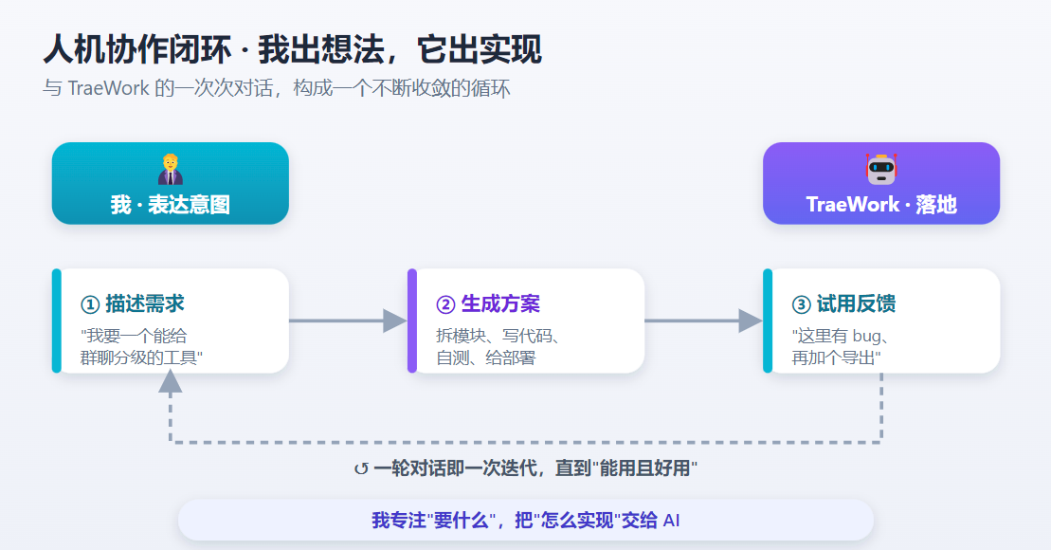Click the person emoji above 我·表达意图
pyautogui.click(x=171, y=169)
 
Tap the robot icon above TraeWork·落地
pyautogui.click(x=880, y=169)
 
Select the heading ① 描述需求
pyautogui.click(x=132, y=303)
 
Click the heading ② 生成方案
pyautogui.click(x=488, y=303)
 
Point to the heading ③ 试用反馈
pyautogui.click(x=843, y=303)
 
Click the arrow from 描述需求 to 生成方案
pyautogui.click(x=348, y=321)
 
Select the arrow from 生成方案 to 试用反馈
pyautogui.click(x=704, y=321)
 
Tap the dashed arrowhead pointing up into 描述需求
pyautogui.click(x=171, y=381)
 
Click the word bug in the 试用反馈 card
pyautogui.click(x=866, y=337)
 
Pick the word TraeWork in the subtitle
pyautogui.click(x=109, y=88)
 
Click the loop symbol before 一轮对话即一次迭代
pyautogui.click(x=361, y=468)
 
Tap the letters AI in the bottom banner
pyautogui.click(x=672, y=521)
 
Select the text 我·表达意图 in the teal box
pyautogui.click(x=171, y=205)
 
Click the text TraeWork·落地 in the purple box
pyautogui.click(x=881, y=205)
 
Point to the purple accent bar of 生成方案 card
pyautogui.click(x=412, y=321)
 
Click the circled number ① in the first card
pyautogui.click(x=90, y=305)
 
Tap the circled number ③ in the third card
pyautogui.click(x=801, y=305)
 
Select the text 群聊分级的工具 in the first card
pyautogui.click(x=138, y=358)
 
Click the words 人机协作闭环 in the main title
pyautogui.click(x=137, y=50)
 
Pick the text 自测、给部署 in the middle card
pyautogui.click(x=486, y=358)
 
